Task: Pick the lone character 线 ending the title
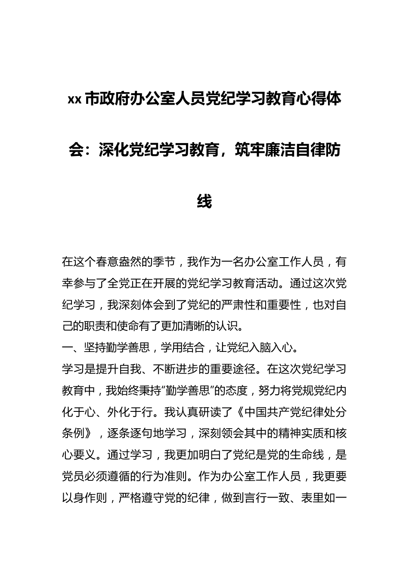click(x=204, y=201)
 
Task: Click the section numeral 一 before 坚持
click(x=67, y=348)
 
